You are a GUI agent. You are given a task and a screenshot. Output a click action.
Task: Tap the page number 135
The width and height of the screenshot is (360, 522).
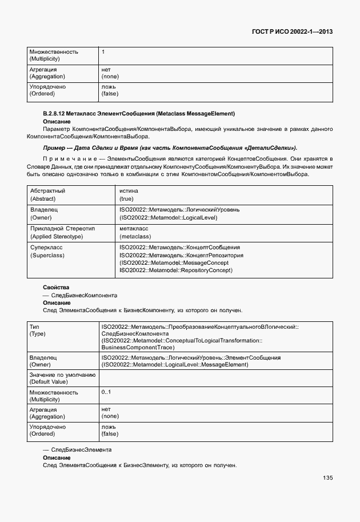tap(327, 478)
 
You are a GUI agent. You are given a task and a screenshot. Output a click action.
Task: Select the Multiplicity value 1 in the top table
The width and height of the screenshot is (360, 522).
tap(103, 52)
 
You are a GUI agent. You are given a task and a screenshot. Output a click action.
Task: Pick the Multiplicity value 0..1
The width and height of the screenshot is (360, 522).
tap(106, 392)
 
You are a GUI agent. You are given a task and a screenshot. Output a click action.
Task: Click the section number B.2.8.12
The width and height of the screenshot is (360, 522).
tap(55, 114)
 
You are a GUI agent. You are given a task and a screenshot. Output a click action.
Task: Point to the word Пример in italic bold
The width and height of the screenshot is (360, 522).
tap(54, 148)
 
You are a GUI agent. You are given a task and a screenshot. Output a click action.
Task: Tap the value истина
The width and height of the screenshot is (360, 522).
tap(129, 191)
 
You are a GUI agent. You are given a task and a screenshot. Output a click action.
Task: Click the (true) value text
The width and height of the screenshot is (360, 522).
tap(126, 198)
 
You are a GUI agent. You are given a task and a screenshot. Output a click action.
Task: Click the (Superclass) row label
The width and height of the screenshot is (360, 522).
tap(46, 255)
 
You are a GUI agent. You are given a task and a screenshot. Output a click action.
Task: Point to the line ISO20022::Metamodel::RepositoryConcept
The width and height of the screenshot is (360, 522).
tap(176, 270)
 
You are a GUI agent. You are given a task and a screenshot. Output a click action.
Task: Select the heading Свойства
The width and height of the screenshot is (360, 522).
tap(56, 286)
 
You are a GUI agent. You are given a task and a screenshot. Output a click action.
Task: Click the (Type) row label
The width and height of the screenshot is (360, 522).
tap(38, 333)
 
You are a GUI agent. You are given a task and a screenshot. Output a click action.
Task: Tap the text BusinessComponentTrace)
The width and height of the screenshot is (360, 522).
tap(138, 347)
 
